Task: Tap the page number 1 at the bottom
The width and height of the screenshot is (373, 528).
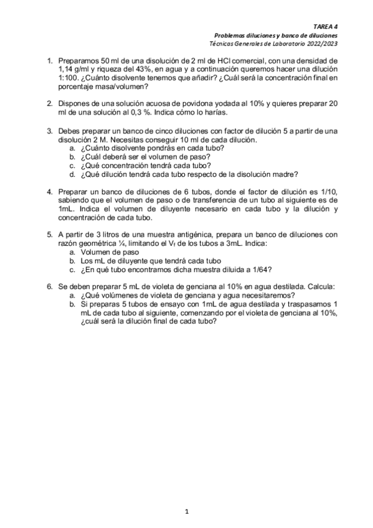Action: click(186, 511)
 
